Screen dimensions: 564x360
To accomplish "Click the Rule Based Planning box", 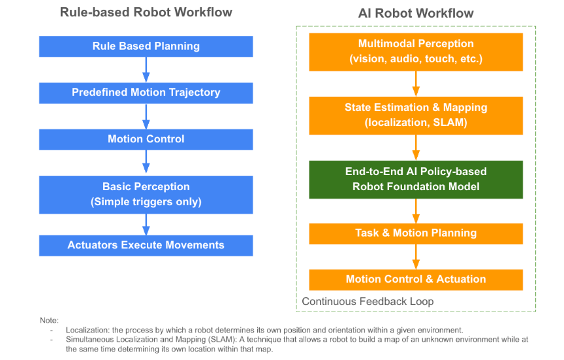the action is [x=146, y=47].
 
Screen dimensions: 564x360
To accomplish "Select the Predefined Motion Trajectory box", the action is [x=146, y=93].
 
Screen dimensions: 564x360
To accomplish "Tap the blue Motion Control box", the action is [x=146, y=139].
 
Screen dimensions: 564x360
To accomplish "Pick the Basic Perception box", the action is [x=146, y=195].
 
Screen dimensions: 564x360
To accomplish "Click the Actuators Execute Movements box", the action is [x=146, y=245].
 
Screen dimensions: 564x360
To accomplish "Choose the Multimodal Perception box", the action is [x=416, y=52].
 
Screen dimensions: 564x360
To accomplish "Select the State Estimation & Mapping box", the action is [x=416, y=115].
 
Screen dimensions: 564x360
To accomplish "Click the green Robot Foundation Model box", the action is [x=416, y=180].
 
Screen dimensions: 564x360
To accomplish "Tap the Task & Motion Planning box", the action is [x=416, y=233].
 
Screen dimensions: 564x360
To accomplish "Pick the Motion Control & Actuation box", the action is [x=416, y=279].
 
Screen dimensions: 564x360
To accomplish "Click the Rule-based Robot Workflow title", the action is [x=146, y=12].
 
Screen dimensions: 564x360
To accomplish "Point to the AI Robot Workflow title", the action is [x=416, y=13].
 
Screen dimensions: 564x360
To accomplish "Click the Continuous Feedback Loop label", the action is [x=368, y=302].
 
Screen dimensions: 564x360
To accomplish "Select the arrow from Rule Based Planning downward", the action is [x=146, y=70].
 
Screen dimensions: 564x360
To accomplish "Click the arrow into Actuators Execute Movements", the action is [x=146, y=224].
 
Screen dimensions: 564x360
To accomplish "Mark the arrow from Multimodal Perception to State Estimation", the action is [x=416, y=84].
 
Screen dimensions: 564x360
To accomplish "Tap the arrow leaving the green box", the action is [x=416, y=211].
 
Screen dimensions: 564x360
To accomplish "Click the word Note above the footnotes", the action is [x=49, y=321].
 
